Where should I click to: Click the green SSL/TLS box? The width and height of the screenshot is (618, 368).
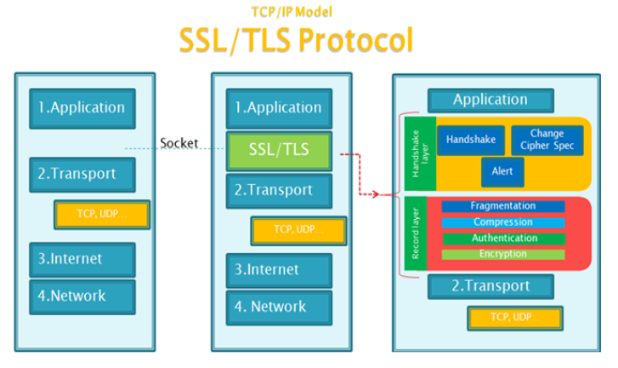[279, 152]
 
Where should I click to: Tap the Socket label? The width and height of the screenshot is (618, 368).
[179, 143]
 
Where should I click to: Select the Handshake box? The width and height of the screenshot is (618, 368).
[471, 141]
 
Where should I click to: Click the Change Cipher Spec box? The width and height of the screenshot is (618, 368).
[547, 141]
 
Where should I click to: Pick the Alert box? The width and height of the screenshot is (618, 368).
[502, 172]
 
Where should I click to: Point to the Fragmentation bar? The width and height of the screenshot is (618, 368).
[503, 206]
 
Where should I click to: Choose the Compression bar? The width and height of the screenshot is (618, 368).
[503, 222]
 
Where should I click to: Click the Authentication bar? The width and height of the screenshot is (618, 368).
[504, 239]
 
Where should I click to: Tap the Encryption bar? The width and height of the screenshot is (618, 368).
[503, 255]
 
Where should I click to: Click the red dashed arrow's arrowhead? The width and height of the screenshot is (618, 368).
[376, 194]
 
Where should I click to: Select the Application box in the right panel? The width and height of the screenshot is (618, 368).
[490, 101]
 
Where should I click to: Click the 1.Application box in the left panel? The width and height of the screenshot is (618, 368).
[82, 108]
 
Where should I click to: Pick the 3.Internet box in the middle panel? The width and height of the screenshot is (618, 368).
[279, 271]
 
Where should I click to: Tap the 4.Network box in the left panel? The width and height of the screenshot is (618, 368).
[82, 297]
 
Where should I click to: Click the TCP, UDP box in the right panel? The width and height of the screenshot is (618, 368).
[515, 318]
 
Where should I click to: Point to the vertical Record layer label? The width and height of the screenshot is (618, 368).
[416, 233]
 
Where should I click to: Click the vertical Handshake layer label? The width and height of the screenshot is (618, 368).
[420, 153]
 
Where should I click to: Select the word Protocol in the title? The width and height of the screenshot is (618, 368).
[355, 40]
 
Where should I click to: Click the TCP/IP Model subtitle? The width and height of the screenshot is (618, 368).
[292, 12]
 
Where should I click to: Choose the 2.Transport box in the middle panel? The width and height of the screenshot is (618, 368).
[279, 191]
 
